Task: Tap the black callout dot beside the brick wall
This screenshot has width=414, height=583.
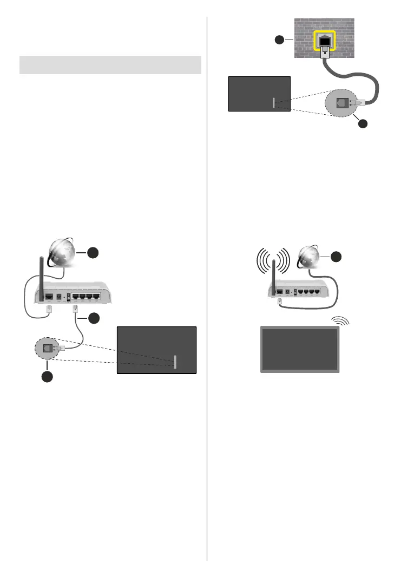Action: pyautogui.click(x=279, y=40)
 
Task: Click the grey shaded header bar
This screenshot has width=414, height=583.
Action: pyautogui.click(x=110, y=64)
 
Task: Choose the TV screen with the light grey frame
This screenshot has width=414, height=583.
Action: pyautogui.click(x=300, y=350)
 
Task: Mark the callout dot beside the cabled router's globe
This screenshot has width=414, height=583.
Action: pyautogui.click(x=94, y=253)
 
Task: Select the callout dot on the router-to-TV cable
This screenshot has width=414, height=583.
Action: pyautogui.click(x=93, y=318)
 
